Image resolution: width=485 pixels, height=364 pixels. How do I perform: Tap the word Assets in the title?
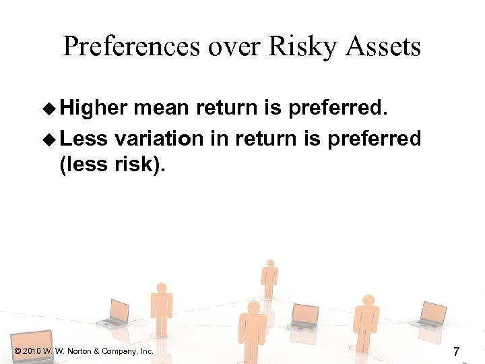pyautogui.click(x=384, y=47)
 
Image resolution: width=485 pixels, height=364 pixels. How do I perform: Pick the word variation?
pyautogui.click(x=158, y=138)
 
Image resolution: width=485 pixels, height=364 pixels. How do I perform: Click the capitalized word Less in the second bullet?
pyautogui.click(x=84, y=138)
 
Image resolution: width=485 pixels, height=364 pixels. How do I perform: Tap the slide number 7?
pyautogui.click(x=456, y=351)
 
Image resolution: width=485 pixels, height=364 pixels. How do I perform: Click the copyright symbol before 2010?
pyautogui.click(x=16, y=351)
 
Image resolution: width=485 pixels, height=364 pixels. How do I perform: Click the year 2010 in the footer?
pyautogui.click(x=31, y=351)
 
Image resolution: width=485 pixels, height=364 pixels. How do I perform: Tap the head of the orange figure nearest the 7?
pyautogui.click(x=368, y=300)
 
